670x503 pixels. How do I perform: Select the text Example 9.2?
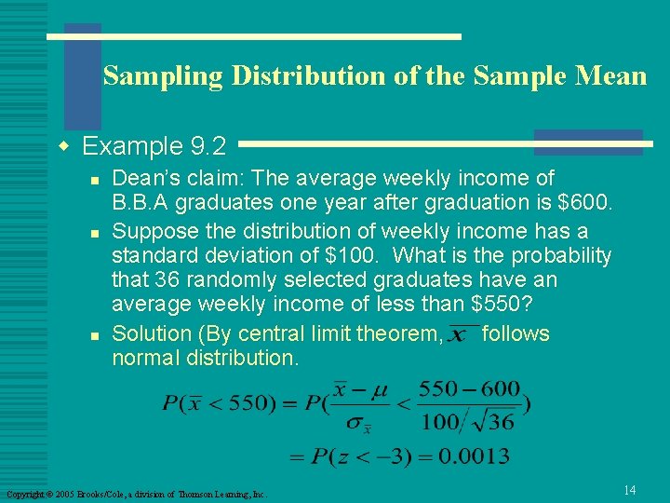point(154,146)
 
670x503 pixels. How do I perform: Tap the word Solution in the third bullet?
point(152,333)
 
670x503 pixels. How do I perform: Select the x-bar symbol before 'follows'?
point(459,334)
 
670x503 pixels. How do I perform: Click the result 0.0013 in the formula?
point(476,455)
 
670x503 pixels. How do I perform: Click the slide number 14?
point(629,490)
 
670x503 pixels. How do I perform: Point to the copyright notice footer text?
point(137,494)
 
